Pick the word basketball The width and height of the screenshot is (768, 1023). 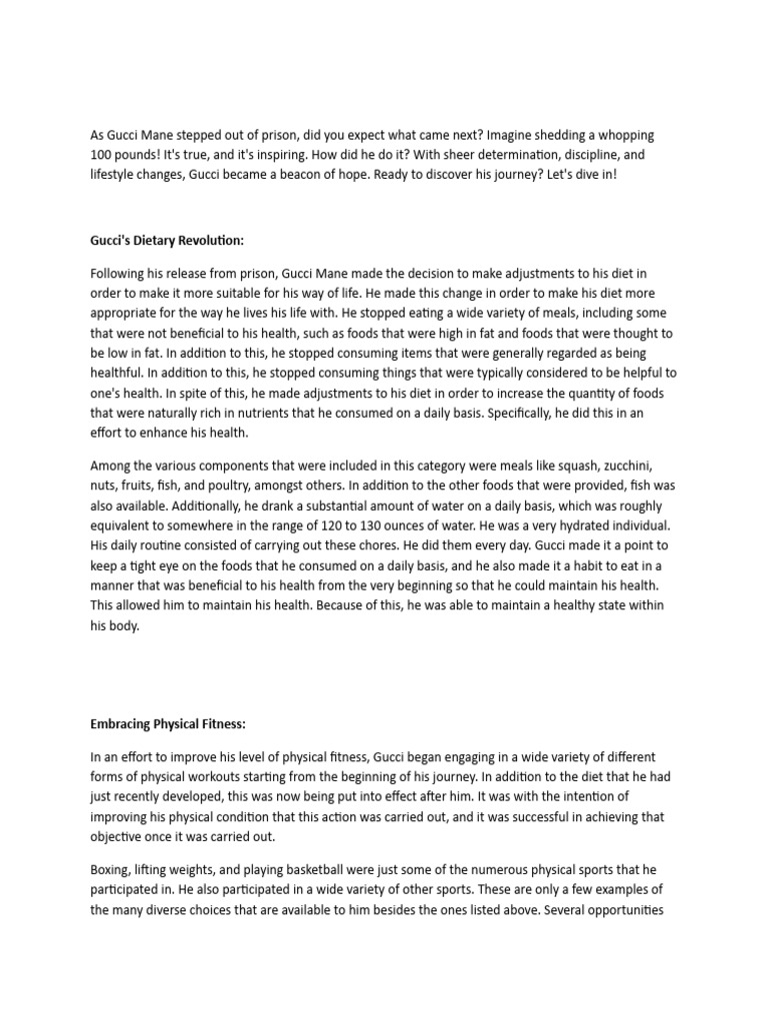320,870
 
